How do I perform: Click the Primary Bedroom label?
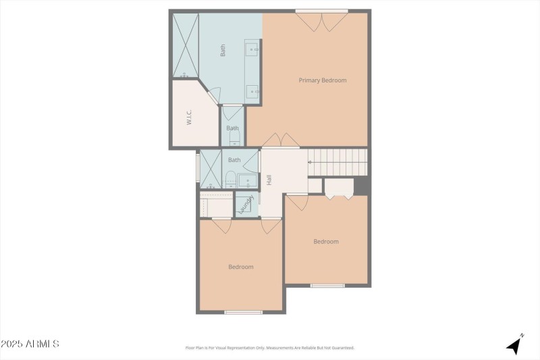[x=323, y=80]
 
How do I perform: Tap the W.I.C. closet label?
[x=190, y=117]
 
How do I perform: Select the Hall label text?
[x=269, y=180]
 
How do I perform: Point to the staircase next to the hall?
[x=337, y=162]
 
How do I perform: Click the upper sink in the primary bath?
[x=252, y=49]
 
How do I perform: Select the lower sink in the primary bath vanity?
[x=252, y=92]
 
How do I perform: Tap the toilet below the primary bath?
[x=234, y=139]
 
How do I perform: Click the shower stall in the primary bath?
[x=186, y=45]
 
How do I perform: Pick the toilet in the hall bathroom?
[x=230, y=179]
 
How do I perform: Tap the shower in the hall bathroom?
[x=211, y=169]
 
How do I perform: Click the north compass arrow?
[x=516, y=344]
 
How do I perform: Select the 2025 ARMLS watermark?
[x=30, y=344]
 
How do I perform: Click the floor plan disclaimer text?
[x=269, y=348]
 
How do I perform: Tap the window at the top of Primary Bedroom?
[x=321, y=11]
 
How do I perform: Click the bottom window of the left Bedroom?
[x=243, y=312]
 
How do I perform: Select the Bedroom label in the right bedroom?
[x=326, y=241]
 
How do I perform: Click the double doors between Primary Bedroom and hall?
[x=281, y=140]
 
